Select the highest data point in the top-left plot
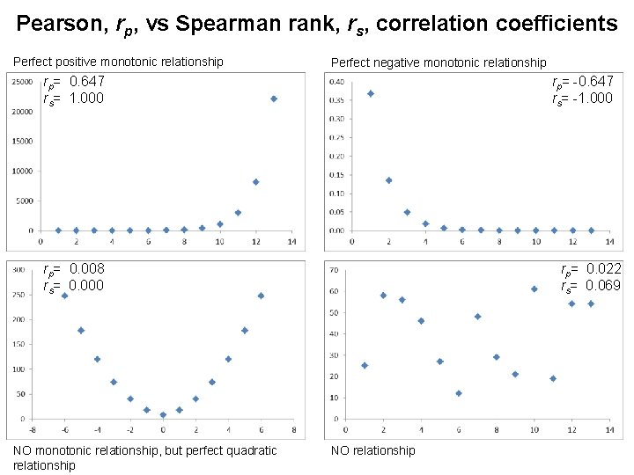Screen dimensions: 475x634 (274, 99)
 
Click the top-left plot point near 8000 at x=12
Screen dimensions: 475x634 (255, 182)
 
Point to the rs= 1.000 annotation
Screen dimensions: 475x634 (74, 98)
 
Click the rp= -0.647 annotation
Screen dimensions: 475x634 (582, 82)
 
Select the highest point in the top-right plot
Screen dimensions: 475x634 (371, 93)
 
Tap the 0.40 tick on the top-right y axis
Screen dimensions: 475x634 (337, 82)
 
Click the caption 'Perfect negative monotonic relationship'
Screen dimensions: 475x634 (438, 62)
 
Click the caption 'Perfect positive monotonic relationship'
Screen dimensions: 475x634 (117, 62)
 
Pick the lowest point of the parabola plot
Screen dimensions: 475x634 (163, 415)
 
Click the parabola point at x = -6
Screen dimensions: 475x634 (64, 296)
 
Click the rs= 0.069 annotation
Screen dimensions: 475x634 (591, 286)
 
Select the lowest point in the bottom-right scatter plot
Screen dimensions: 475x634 (459, 393)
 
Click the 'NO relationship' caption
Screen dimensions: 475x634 (372, 451)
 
